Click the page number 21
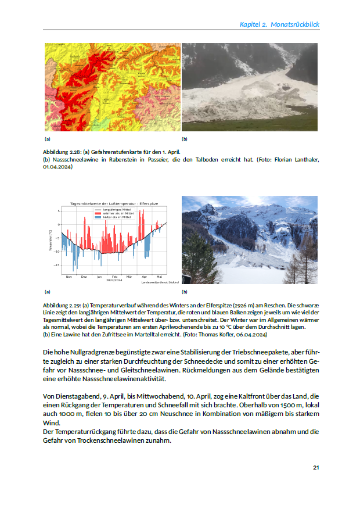coord(316,467)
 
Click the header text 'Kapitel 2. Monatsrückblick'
coord(280,24)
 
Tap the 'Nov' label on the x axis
coord(69,277)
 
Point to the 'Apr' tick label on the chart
coord(144,277)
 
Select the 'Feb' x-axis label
coord(114,277)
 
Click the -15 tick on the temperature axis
coord(57,265)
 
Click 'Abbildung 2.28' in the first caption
coord(61,151)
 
